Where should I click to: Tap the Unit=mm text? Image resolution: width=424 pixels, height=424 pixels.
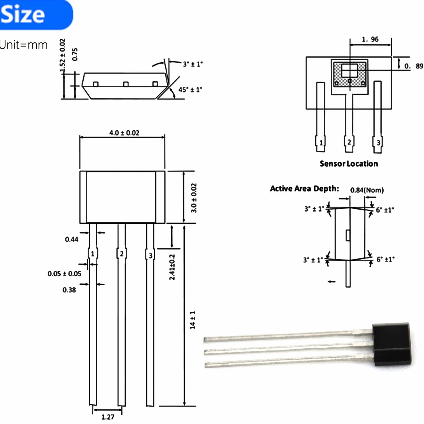click(24, 45)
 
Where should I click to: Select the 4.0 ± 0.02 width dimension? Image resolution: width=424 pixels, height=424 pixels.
click(124, 133)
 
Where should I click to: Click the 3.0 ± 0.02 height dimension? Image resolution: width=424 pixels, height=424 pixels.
click(194, 198)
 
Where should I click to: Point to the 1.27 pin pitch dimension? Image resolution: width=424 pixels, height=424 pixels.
click(108, 417)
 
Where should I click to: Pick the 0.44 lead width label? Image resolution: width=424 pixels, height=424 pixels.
click(71, 239)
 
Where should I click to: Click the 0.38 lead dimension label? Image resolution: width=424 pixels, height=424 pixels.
click(69, 290)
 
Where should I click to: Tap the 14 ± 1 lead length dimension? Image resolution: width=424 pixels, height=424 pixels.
click(193, 320)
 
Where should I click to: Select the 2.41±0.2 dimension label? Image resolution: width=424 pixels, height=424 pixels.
click(172, 267)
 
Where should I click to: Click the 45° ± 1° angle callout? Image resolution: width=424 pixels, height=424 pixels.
click(190, 90)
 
